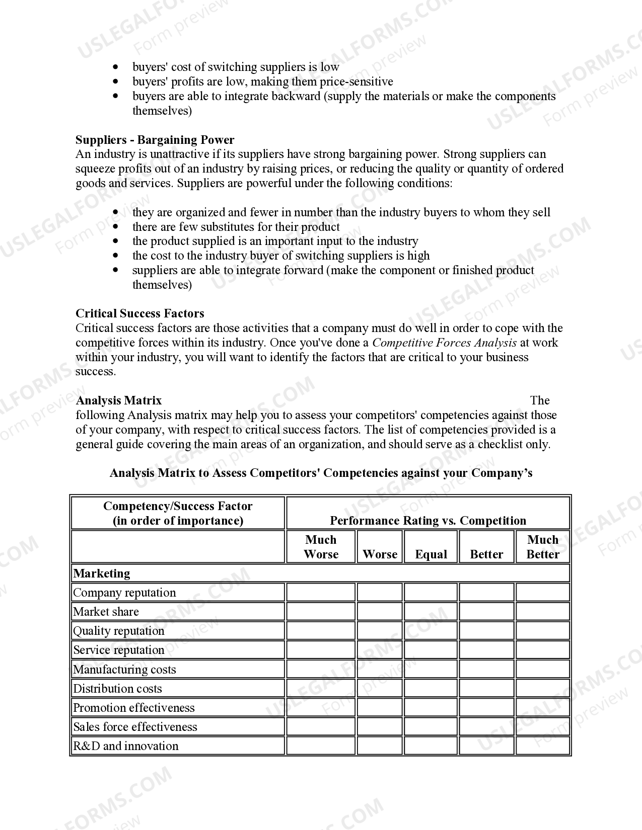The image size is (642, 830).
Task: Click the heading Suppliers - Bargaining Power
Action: pos(155,140)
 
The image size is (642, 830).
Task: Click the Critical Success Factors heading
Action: pos(139,313)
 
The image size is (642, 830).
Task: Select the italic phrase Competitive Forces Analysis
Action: pos(444,343)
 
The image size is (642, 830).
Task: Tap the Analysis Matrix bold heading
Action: pos(118,400)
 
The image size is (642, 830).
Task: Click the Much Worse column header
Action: pos(321,547)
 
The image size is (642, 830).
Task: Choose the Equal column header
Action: pos(431,554)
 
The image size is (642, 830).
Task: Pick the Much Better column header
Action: pos(543,547)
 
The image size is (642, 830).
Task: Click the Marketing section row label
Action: pos(102,573)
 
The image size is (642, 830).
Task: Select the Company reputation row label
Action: pos(124,593)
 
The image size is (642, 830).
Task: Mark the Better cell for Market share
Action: pos(486,612)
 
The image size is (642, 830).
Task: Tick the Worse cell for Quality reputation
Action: pos(380,631)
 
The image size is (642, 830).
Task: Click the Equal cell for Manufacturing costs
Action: pos(431,670)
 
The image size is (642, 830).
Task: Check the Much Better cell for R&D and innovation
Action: pos(543,746)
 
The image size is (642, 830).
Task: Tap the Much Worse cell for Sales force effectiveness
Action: pos(321,727)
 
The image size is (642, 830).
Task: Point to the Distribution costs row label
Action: pos(117,689)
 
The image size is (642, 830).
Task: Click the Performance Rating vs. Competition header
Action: pos(427,520)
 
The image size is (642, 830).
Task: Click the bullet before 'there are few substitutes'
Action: pos(116,227)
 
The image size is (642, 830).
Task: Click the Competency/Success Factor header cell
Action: pos(178,513)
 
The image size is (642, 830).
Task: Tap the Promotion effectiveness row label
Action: pos(133,708)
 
